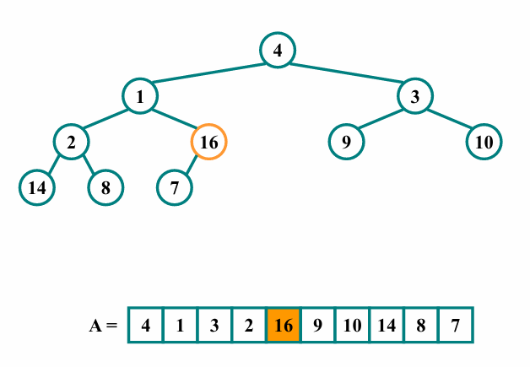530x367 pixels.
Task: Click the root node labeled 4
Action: click(x=277, y=51)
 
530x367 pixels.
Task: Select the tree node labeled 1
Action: click(x=140, y=96)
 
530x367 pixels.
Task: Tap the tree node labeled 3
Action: click(x=414, y=96)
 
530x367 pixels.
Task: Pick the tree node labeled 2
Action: click(x=72, y=142)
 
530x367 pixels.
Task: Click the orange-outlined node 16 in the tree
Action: click(x=209, y=142)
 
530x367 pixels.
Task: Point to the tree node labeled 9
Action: click(x=346, y=142)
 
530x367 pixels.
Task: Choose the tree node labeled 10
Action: click(x=484, y=142)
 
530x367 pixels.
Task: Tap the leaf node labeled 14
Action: click(x=37, y=187)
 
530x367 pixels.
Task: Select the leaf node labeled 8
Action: click(x=106, y=187)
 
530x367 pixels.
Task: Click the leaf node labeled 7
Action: click(x=175, y=187)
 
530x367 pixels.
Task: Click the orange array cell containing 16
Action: click(x=284, y=325)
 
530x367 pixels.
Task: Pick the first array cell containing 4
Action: click(x=146, y=325)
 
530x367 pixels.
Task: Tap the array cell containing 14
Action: click(x=387, y=325)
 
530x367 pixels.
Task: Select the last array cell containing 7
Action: click(x=456, y=325)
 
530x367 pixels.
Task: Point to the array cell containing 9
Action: click(x=318, y=325)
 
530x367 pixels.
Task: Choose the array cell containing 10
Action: click(x=352, y=325)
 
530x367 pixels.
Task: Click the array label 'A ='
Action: click(x=103, y=325)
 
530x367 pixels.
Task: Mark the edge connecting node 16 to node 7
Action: click(x=192, y=165)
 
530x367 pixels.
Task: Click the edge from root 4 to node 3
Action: click(x=346, y=73)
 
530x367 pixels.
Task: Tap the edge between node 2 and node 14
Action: click(x=54, y=165)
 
